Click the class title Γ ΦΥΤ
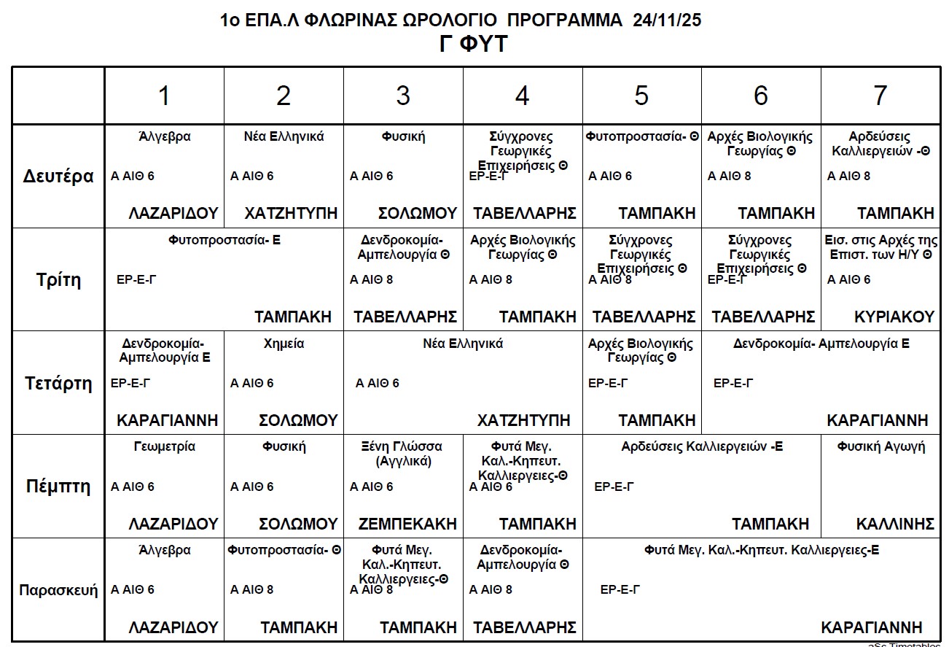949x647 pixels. [474, 44]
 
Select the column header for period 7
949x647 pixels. [880, 96]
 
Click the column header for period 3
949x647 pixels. [403, 96]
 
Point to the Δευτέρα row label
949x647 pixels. [58, 177]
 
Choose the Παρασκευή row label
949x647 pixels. [58, 590]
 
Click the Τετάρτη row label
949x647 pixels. [58, 384]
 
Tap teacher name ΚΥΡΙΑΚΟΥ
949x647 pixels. [894, 317]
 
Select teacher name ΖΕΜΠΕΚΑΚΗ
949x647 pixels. [407, 524]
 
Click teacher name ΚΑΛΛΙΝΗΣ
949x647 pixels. [895, 524]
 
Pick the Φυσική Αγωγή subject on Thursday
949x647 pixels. [880, 446]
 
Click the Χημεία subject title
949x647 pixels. [284, 344]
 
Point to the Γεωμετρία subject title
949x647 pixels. [165, 446]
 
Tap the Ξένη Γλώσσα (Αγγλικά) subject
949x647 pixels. [403, 454]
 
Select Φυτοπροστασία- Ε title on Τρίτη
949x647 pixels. [224, 239]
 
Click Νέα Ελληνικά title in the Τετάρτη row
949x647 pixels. [463, 344]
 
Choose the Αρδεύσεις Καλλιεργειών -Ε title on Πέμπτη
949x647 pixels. [702, 446]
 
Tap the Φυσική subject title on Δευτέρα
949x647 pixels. [403, 136]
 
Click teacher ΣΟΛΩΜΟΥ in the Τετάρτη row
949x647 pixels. [298, 420]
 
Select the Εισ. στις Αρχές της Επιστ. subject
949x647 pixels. [880, 247]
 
